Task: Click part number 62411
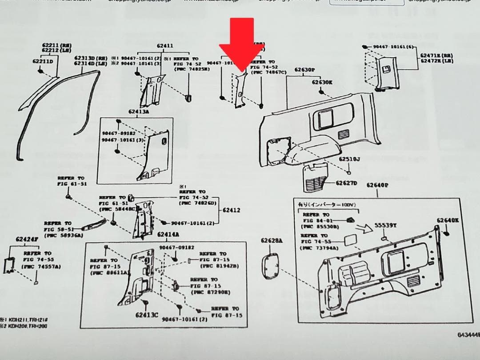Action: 165,46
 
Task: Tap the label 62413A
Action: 139,111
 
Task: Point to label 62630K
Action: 322,82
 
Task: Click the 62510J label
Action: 349,159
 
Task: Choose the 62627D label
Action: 346,183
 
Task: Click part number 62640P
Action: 378,185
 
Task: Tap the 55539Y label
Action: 385,225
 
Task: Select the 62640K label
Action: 448,220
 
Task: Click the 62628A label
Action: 272,240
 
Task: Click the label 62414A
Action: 168,234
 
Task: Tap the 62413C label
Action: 147,315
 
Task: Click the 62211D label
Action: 42,61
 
